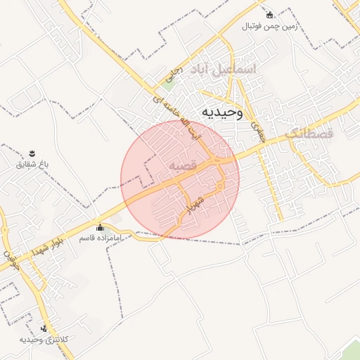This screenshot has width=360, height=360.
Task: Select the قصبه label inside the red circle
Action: (186, 165)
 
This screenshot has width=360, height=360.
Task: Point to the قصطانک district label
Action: (314, 132)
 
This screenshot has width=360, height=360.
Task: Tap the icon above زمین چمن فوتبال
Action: (269, 15)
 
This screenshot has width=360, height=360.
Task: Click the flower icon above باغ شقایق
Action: (32, 153)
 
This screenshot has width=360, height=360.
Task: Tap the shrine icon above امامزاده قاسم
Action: (99, 227)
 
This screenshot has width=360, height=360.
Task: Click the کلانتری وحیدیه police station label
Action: (44, 340)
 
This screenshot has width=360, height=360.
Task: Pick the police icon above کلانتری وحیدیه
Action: (44, 328)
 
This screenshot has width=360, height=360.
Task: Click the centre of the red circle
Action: (180, 179)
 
